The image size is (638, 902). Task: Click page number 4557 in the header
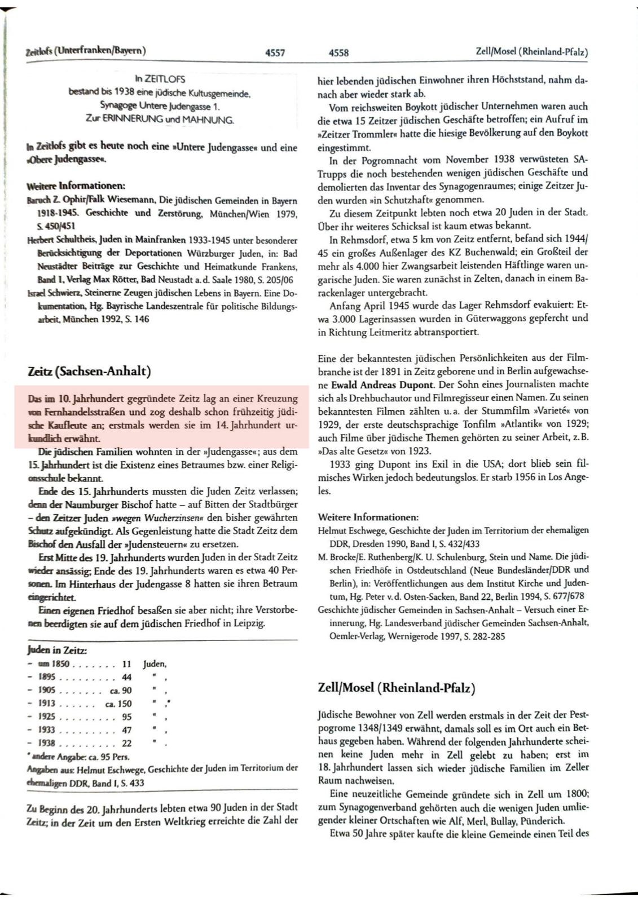click(275, 53)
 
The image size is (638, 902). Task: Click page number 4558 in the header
click(338, 53)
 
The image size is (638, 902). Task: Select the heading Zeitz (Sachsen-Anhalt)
click(89, 372)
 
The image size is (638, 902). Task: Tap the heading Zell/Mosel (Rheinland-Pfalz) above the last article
click(397, 688)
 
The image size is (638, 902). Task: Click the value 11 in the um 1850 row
click(126, 664)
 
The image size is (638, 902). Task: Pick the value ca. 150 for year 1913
click(118, 704)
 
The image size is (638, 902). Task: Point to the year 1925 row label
click(46, 717)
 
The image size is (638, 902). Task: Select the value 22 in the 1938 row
click(126, 743)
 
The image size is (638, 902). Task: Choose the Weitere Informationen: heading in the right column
click(368, 517)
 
